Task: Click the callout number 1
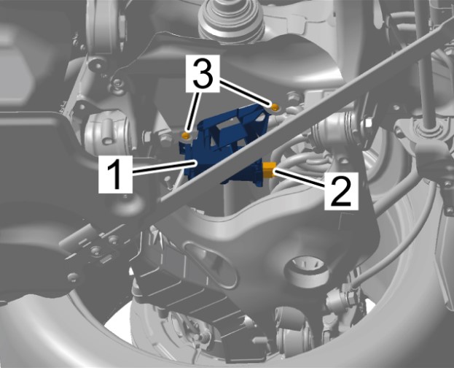tap(116, 175)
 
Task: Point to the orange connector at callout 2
tap(269, 170)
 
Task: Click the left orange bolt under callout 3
tap(186, 135)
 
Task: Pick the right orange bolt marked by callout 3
tap(275, 107)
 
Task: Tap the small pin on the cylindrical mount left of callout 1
tap(107, 133)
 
